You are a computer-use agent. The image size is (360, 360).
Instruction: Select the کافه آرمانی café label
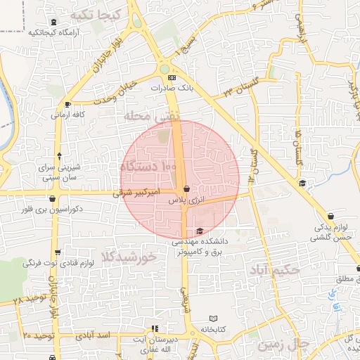pyautogui.click(x=70, y=114)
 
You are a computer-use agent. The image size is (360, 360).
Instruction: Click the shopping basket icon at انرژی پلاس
pyautogui.click(x=186, y=188)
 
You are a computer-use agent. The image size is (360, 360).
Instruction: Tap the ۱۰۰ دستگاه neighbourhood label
pyautogui.click(x=149, y=167)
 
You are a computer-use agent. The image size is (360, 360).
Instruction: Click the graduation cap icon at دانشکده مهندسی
pyautogui.click(x=200, y=231)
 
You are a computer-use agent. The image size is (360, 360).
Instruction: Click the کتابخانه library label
pyautogui.click(x=213, y=329)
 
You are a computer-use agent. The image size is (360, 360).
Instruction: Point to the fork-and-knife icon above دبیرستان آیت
pyautogui.click(x=155, y=328)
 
